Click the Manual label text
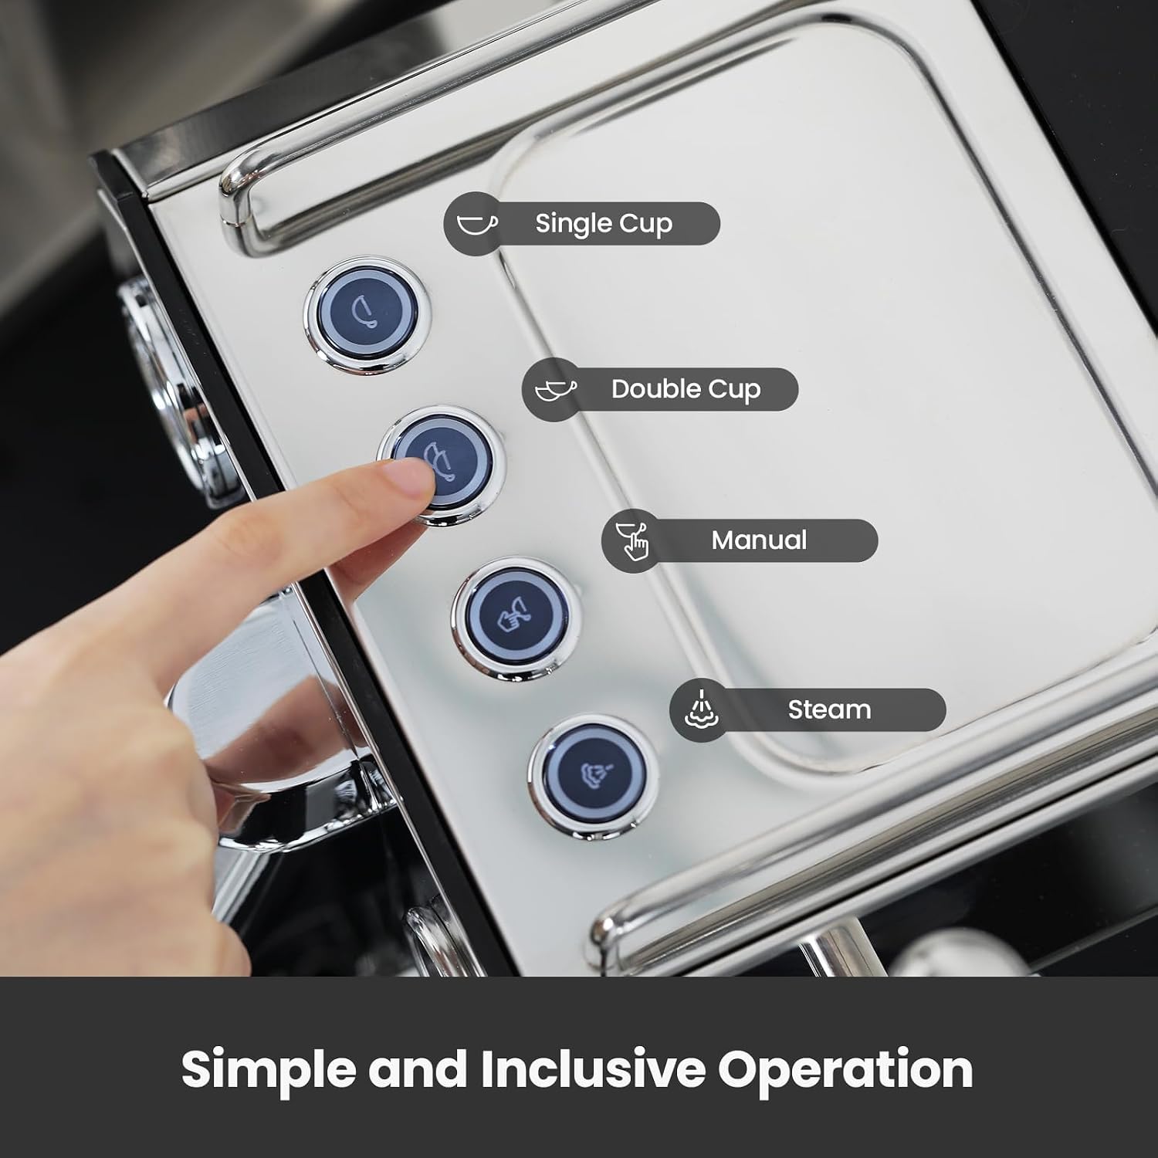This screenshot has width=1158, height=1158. coord(759,540)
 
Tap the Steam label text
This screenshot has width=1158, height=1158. coord(829,709)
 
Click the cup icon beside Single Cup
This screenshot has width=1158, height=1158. coord(477,224)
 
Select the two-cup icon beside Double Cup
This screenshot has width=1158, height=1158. coord(556,389)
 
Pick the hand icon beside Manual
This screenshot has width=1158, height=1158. coord(633,540)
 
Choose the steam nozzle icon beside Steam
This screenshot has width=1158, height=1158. coord(702,709)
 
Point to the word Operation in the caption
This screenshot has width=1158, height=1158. coord(845,1070)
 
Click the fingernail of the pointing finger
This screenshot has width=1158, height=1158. coord(412,476)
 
